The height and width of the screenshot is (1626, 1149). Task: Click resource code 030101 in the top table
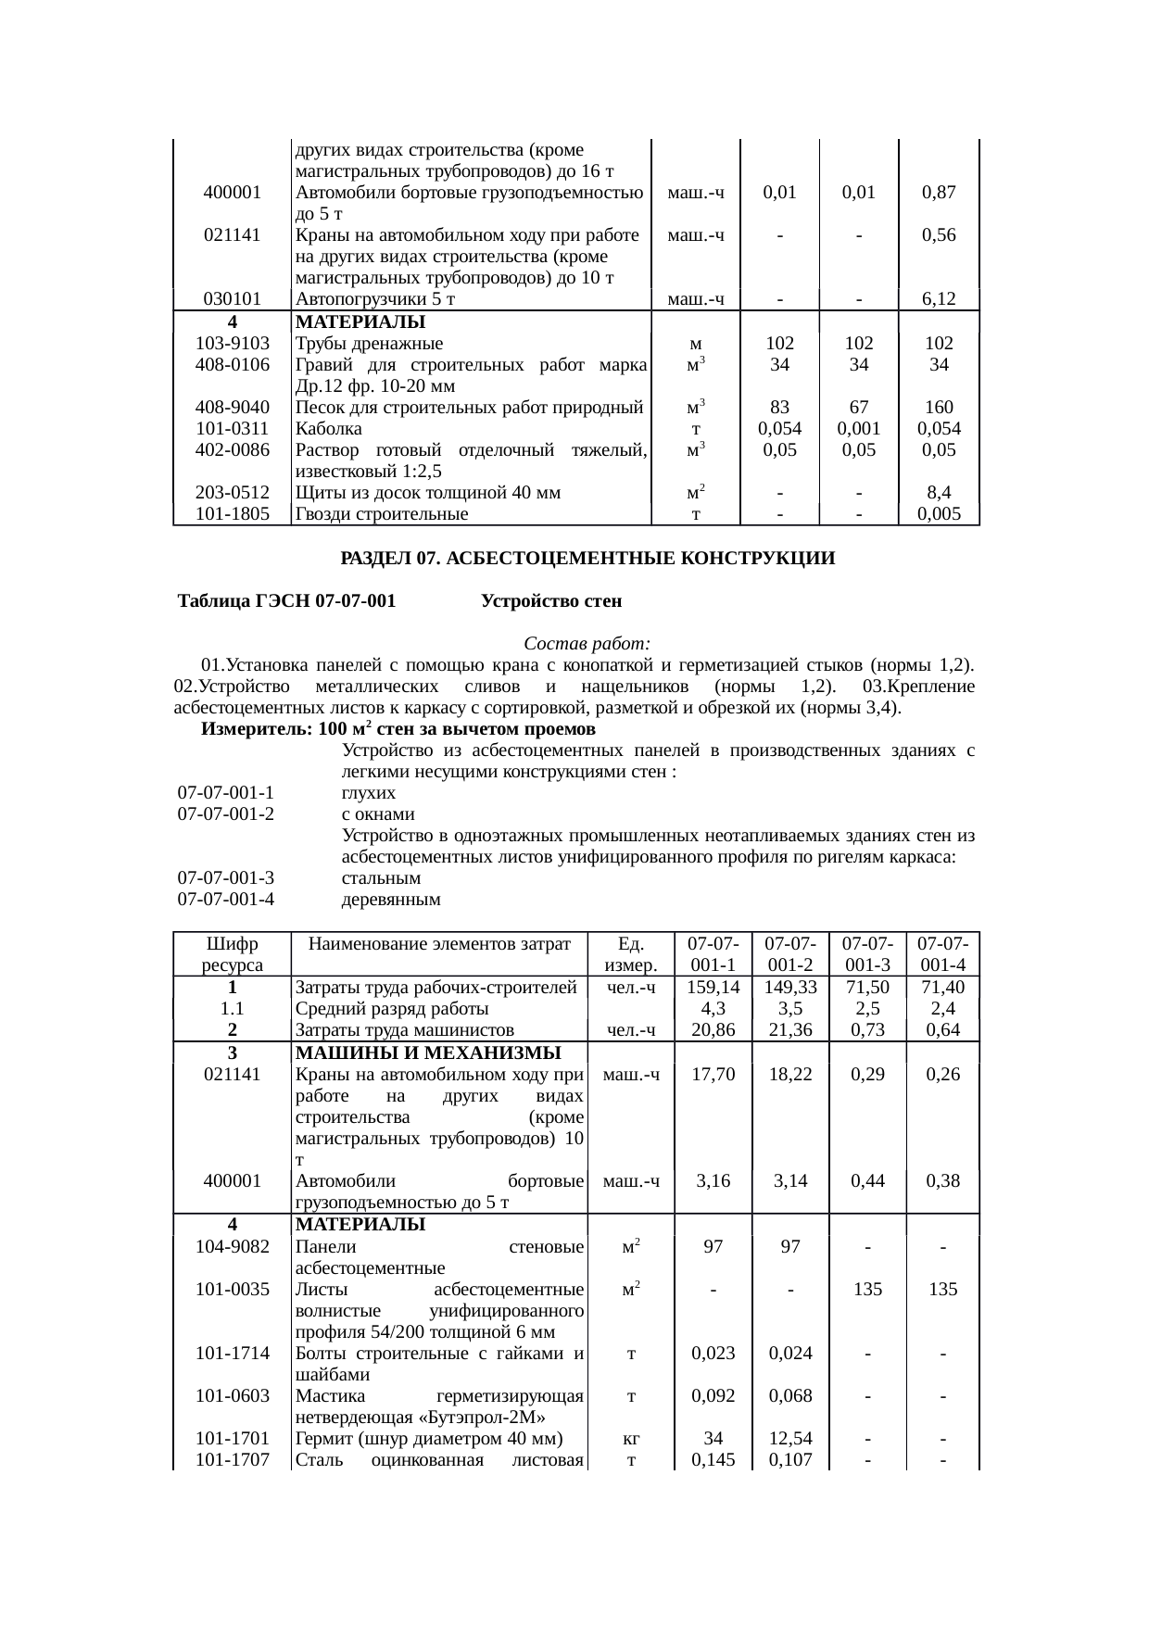coord(233,299)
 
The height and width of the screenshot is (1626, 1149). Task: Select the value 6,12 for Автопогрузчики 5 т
coord(939,299)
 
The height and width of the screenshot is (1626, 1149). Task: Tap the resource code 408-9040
coord(233,408)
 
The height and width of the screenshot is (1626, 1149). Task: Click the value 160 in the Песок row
coord(939,408)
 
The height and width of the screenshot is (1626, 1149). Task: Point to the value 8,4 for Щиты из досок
coord(939,493)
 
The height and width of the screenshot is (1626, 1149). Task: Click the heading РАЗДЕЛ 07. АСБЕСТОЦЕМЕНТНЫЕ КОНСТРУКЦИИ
coord(587,560)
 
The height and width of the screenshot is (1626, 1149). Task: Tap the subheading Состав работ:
coord(587,643)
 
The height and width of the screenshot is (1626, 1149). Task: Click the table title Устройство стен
coord(551,601)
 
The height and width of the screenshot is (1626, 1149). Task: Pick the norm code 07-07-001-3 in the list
coord(226,877)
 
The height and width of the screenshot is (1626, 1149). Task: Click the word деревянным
coord(390,899)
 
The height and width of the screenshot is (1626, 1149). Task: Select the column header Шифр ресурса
coord(233,954)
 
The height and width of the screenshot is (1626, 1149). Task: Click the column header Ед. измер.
coord(631,954)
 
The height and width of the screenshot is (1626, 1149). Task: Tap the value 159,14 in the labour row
coord(713,988)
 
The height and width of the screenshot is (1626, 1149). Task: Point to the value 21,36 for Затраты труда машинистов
coord(790,1029)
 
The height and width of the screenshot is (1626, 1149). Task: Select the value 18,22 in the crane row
coord(790,1075)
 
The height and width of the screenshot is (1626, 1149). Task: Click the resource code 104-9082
coord(233,1247)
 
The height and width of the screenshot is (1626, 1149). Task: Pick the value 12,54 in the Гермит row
coord(790,1439)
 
